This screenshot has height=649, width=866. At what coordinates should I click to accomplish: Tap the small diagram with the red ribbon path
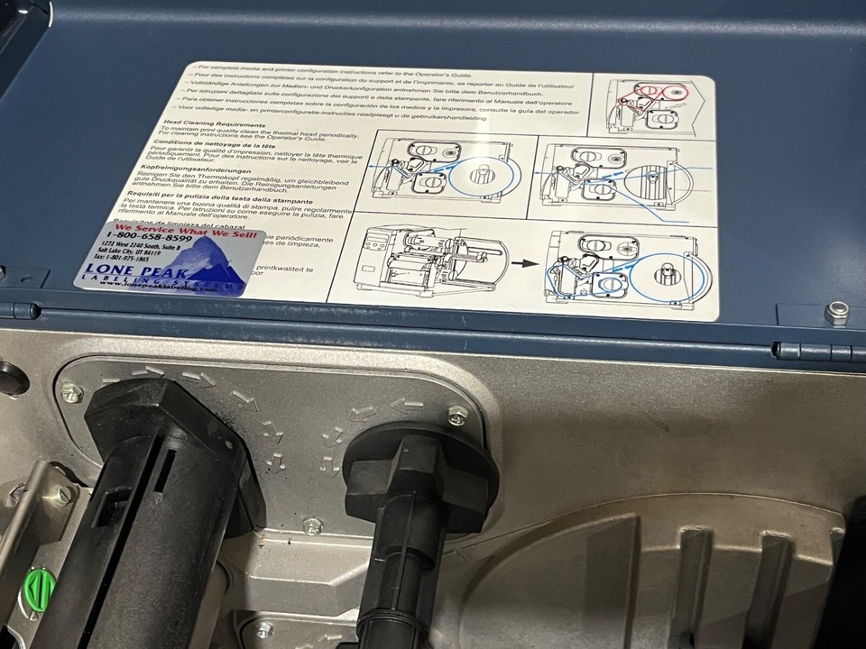tap(649, 105)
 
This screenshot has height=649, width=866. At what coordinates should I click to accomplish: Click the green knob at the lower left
tap(39, 588)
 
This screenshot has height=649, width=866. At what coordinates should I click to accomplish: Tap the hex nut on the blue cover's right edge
tap(836, 313)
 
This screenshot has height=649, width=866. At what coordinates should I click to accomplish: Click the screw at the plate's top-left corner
tap(70, 392)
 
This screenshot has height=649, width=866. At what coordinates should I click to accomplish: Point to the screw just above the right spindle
tap(457, 415)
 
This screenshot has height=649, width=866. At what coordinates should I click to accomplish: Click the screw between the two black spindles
tap(312, 525)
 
